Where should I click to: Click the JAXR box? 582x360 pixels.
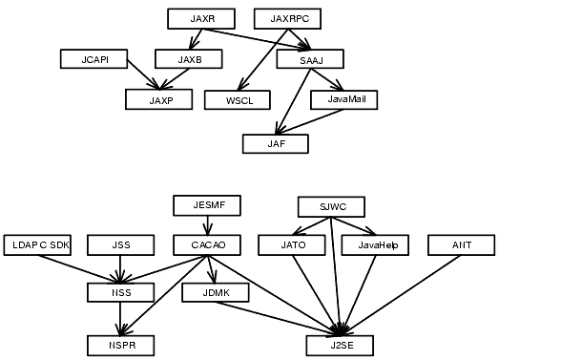pyautogui.click(x=201, y=19)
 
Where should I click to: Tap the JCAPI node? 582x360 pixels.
pyautogui.click(x=94, y=59)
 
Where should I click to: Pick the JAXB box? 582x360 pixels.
pyautogui.click(x=189, y=59)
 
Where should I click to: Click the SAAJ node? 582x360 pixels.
pyautogui.click(x=309, y=59)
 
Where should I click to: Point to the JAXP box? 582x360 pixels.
pyautogui.click(x=159, y=99)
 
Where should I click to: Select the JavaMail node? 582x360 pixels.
pyautogui.click(x=344, y=99)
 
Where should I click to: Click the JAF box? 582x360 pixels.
pyautogui.click(x=276, y=144)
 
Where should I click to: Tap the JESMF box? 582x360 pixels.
pyautogui.click(x=207, y=205)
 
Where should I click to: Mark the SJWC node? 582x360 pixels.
pyautogui.click(x=331, y=206)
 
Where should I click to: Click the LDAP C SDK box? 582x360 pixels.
pyautogui.click(x=37, y=245)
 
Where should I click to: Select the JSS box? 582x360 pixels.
pyautogui.click(x=120, y=245)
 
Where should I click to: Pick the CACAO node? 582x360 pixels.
pyautogui.click(x=207, y=245)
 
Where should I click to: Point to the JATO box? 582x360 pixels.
pyautogui.click(x=292, y=245)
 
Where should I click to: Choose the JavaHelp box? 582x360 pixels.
pyautogui.click(x=375, y=245)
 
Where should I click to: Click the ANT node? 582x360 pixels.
pyautogui.click(x=462, y=245)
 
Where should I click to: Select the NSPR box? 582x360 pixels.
pyautogui.click(x=120, y=345)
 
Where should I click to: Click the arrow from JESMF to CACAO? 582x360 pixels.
pyautogui.click(x=207, y=225)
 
